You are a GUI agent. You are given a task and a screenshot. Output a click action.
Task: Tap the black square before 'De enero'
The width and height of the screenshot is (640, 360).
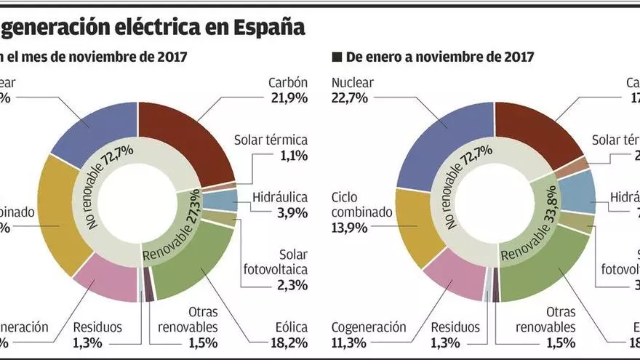point(336,57)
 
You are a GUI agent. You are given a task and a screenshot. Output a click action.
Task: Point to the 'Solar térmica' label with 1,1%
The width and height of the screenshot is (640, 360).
point(271,139)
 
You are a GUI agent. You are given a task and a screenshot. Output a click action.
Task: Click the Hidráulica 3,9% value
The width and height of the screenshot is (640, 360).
point(291,212)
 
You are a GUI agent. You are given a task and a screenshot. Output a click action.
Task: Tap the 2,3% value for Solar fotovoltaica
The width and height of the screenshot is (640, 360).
point(291,286)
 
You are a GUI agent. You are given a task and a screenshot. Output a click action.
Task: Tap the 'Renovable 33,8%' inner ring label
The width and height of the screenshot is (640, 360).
point(531,225)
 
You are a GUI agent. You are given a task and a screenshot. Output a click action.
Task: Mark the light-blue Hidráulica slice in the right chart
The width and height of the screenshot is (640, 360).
point(580,191)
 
